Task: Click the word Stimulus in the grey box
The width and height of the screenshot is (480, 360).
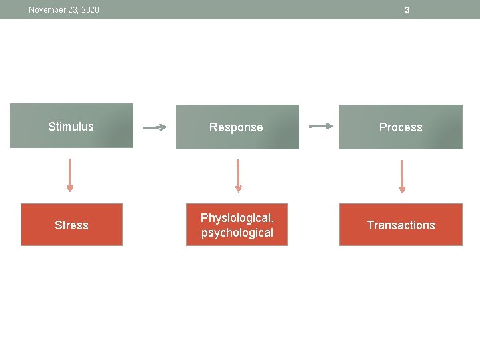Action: pos(71,127)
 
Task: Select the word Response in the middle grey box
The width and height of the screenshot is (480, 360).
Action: pos(236,127)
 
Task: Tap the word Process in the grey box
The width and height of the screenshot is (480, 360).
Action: pos(401,127)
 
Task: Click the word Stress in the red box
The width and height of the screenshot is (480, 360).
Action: pos(71,225)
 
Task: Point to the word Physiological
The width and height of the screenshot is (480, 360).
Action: pos(237,218)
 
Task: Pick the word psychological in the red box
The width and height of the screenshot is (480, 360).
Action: pos(237,233)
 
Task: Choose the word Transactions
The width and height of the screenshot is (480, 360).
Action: pos(401,225)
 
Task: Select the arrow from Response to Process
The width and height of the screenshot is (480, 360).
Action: pos(321,125)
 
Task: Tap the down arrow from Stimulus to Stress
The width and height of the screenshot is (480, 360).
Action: pos(70,175)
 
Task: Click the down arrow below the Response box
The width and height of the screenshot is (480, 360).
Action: pos(238,175)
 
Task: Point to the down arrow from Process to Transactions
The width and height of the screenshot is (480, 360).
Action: pos(401,176)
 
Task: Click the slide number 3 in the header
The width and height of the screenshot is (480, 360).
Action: pos(407,10)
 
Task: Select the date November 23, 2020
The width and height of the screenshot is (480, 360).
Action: pos(64,10)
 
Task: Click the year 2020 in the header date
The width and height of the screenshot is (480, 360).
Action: pos(89,10)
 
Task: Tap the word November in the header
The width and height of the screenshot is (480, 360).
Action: pos(47,10)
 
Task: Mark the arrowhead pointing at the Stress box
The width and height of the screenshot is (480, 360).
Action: pos(70,189)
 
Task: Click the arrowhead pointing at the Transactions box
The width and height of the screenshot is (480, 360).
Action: pos(401,190)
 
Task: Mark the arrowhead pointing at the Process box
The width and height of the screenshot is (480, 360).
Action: pos(329,125)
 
